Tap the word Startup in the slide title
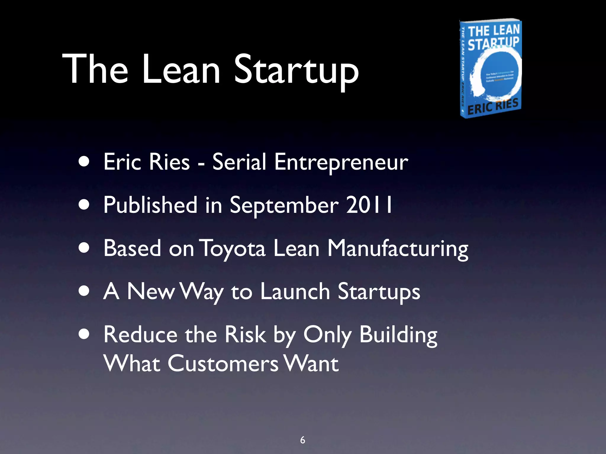click(296, 71)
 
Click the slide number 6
click(302, 440)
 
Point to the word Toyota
click(232, 248)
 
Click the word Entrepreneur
click(341, 162)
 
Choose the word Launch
click(295, 291)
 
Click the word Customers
click(223, 364)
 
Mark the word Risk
click(245, 335)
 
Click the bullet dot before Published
click(84, 205)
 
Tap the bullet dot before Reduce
click(84, 334)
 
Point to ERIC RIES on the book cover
click(493, 106)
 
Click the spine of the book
click(463, 69)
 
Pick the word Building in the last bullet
click(398, 335)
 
